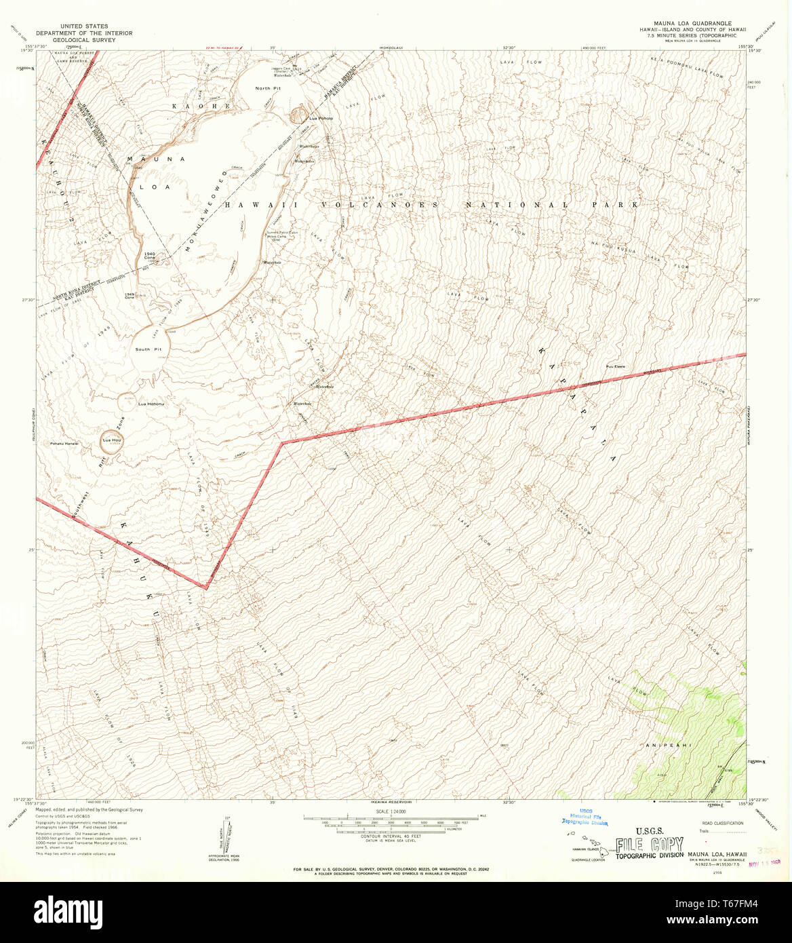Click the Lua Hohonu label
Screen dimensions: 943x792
point(151,404)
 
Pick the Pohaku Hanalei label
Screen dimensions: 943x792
point(65,443)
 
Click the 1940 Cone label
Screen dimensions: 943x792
point(151,256)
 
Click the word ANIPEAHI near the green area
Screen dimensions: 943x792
point(668,746)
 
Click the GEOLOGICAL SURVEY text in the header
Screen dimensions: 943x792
point(85,40)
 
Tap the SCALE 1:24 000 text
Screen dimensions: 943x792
point(390,811)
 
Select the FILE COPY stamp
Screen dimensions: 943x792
point(649,845)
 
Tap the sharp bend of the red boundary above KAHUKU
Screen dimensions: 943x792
point(205,588)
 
